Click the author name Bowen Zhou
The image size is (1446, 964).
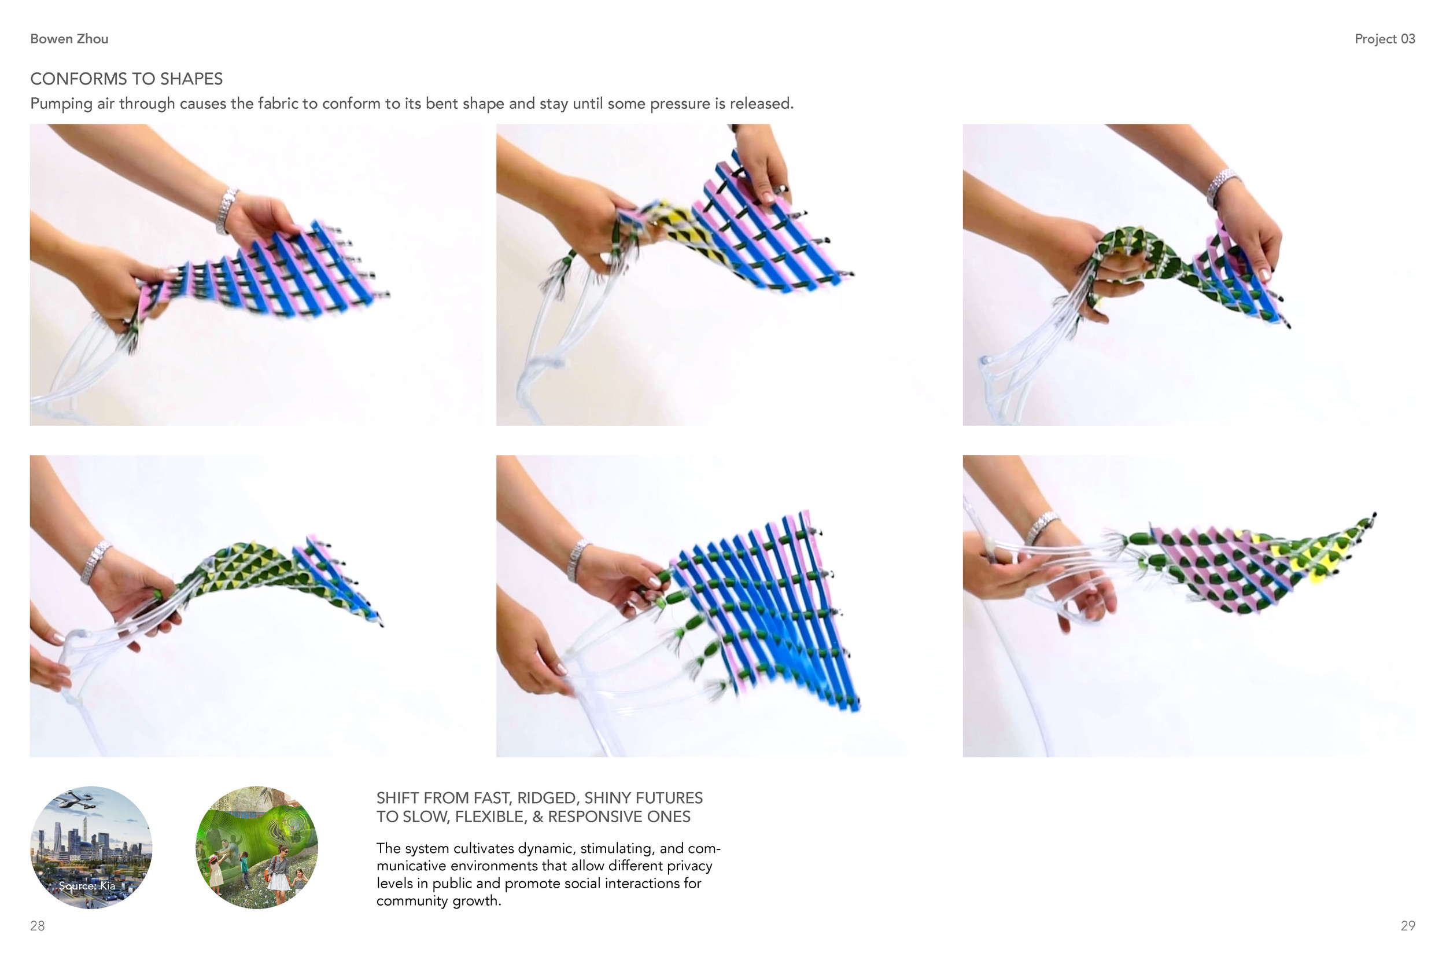coord(69,39)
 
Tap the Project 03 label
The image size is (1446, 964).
coord(1385,39)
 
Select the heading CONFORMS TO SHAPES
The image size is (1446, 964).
coord(127,79)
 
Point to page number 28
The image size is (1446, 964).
coord(37,926)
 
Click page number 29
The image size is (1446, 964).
coord(1408,926)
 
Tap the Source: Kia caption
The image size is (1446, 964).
coord(87,886)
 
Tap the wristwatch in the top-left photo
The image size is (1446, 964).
coord(226,211)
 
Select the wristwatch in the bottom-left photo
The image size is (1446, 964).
coord(96,562)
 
